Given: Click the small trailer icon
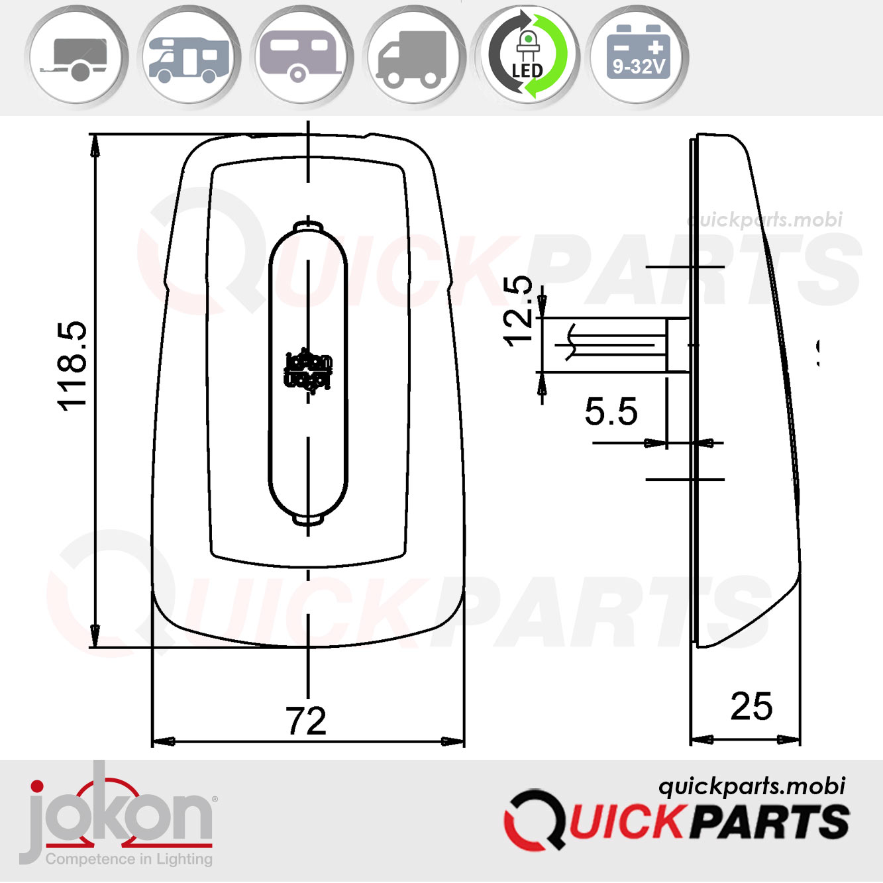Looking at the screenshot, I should pos(77,56).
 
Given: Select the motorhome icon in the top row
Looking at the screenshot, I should pos(189,56).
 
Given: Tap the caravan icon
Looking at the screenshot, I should pos(302,56).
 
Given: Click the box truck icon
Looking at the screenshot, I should pos(415,56).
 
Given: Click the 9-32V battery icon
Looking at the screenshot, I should pos(639,56).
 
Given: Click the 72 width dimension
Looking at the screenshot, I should pos(306,721).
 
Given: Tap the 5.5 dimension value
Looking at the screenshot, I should pos(611,411).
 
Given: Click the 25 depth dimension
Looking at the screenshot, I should pos(751,706).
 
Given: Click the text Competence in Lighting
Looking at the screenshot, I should pos(129,859).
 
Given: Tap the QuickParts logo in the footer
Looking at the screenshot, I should pos(676,822).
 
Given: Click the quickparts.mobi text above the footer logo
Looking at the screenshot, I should pos(751,786).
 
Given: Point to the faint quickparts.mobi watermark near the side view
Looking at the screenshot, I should pos(766,219).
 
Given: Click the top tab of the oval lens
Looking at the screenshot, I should pos(308,225).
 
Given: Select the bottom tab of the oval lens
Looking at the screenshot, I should pos(308,520).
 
